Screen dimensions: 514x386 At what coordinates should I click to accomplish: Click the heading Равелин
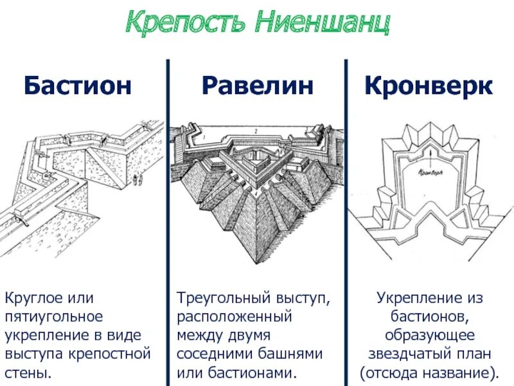(258, 86)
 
